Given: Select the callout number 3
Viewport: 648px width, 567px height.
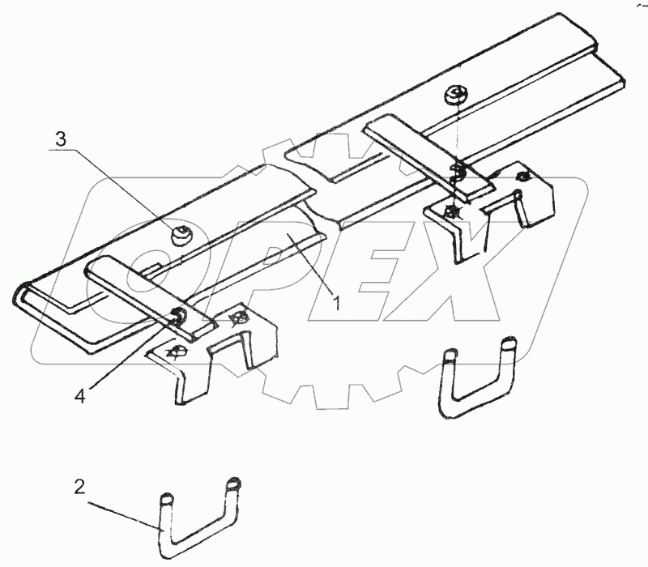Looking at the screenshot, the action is coord(62,139).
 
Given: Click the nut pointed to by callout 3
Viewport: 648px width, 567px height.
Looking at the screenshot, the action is coord(181,236).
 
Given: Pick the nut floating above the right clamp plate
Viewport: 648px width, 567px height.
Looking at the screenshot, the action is coord(454,96).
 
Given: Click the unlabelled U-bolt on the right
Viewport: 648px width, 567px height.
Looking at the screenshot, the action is coord(478,381).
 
